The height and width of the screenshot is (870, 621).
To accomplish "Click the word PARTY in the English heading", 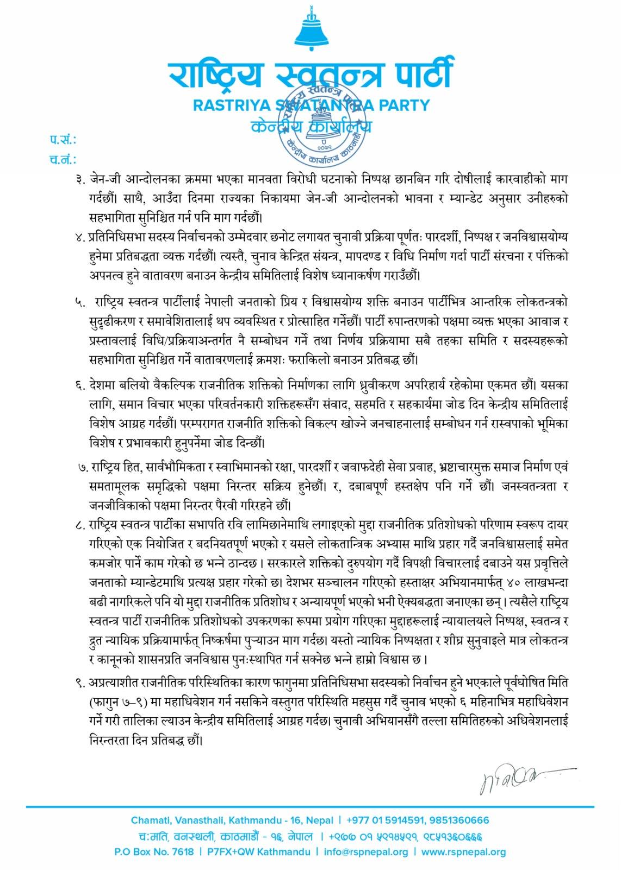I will [401, 104].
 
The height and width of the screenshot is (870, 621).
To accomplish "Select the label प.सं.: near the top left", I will [63, 140].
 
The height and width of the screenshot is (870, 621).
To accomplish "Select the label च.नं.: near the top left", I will [63, 160].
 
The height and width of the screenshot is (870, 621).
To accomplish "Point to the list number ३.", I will [82, 179].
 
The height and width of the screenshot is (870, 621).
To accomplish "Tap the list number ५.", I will [82, 301].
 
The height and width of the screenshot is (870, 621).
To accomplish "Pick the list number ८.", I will [82, 525].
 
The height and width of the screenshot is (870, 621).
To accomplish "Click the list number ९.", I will [82, 682].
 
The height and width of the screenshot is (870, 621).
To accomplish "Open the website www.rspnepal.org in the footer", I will [463, 852].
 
